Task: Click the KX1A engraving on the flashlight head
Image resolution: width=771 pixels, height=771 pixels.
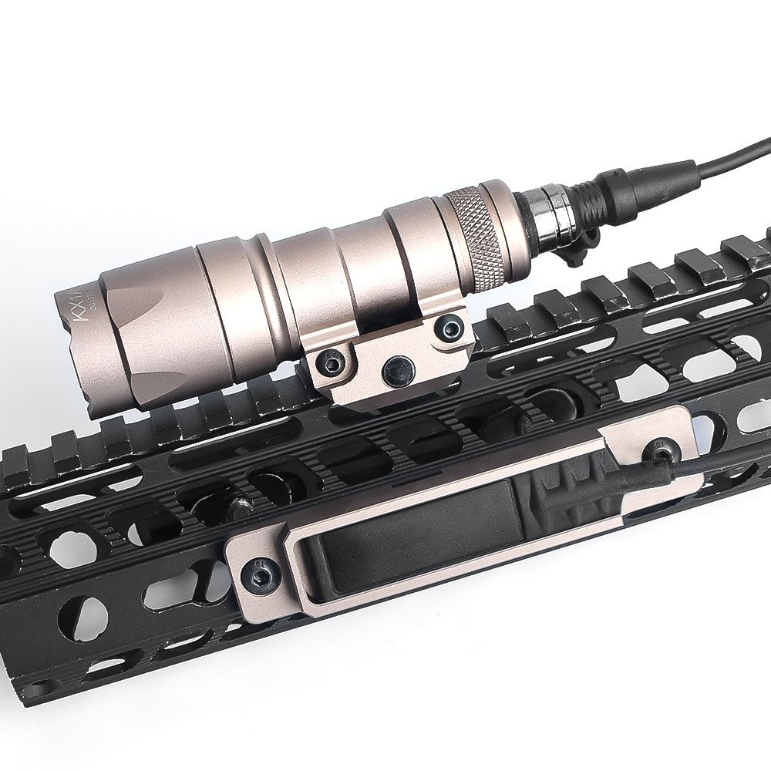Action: [73, 298]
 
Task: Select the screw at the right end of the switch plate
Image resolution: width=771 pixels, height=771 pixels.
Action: [660, 446]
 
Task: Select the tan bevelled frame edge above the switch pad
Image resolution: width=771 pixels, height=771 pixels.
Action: [432, 493]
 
